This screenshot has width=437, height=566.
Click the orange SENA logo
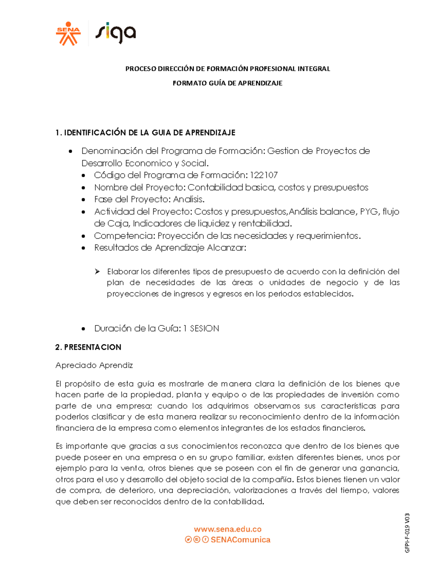coord(68,34)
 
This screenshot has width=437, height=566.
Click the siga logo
coord(115,33)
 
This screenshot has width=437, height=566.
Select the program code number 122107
coord(264,175)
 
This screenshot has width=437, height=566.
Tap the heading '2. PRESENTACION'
coord(88,347)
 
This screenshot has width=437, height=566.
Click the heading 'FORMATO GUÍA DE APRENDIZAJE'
coord(227,83)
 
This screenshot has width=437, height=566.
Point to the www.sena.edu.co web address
coord(228,529)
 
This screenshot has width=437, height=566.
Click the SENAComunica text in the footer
coord(240,540)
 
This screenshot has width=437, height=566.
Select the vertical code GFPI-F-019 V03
coord(407,533)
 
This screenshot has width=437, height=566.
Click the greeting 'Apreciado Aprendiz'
coord(94,365)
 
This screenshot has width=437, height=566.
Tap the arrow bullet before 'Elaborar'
coord(97,272)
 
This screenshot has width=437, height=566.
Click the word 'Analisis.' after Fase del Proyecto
coord(189,199)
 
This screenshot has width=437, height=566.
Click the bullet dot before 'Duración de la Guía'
coord(83,329)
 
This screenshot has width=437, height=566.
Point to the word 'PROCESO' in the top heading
coord(141,69)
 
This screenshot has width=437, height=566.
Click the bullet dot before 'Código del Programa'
coord(83,176)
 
